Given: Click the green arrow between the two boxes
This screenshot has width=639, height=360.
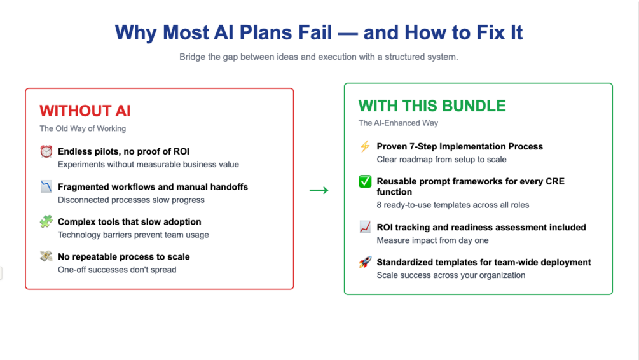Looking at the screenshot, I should (319, 190).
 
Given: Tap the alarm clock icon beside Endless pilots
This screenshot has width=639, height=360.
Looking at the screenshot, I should (46, 151).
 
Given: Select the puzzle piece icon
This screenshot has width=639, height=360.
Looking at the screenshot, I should (46, 222).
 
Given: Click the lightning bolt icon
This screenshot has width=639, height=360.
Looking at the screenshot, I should (365, 146).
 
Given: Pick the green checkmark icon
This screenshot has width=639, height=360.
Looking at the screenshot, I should (365, 182).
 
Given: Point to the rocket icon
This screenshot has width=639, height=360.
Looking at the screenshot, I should (365, 262).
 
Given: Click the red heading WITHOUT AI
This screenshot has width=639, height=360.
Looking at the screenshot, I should (85, 111).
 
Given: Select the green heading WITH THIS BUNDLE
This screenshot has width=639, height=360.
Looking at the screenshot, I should (432, 106).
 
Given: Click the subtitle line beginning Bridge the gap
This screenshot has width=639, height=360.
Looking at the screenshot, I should (319, 57).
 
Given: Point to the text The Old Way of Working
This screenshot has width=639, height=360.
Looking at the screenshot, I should (83, 128).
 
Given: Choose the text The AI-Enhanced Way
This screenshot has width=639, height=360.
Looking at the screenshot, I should (398, 123).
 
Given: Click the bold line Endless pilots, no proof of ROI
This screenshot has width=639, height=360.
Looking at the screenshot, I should (123, 151).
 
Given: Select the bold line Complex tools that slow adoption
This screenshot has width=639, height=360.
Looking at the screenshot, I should (129, 222).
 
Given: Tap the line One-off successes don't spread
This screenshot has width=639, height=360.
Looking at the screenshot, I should (117, 269).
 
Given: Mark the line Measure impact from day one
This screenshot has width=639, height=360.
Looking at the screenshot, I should (432, 240).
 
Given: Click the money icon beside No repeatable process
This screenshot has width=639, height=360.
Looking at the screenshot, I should (46, 257).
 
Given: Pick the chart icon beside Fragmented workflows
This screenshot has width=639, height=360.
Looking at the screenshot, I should (46, 187).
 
